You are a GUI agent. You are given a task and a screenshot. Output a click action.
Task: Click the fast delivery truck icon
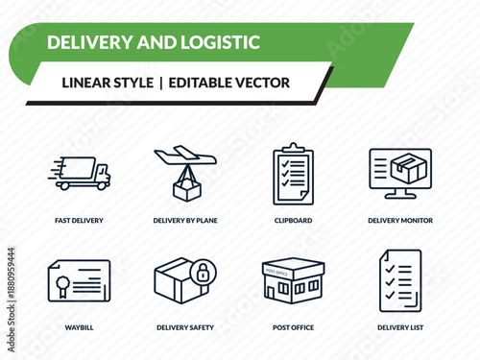tap(80, 174)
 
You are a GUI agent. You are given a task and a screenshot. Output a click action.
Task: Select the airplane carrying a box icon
tap(185, 173)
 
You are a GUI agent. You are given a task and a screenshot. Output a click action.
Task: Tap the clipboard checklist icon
tap(293, 174)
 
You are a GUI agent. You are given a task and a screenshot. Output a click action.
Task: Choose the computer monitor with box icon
tap(399, 173)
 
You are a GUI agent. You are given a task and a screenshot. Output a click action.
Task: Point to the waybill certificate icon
tap(80, 280)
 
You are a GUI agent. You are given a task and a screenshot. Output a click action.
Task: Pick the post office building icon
tap(293, 280)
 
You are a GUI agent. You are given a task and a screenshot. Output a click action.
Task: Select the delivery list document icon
tap(399, 280)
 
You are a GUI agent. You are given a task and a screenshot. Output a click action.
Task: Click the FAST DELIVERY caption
tap(80, 220)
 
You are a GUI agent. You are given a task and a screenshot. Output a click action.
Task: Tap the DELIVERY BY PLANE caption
tap(185, 220)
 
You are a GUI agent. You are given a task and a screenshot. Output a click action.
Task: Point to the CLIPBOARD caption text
tap(293, 220)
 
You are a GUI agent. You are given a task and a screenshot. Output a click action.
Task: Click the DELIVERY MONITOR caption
tap(399, 220)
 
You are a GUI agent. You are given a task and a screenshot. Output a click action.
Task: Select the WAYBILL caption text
tap(80, 327)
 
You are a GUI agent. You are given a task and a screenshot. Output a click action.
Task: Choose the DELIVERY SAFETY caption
tap(185, 327)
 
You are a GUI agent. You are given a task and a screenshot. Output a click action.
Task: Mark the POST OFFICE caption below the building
tap(293, 327)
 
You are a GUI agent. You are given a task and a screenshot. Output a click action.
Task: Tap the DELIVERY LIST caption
tap(399, 327)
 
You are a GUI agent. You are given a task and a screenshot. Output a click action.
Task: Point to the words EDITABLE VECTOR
tap(228, 83)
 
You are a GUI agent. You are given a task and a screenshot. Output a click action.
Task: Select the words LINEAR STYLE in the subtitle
tap(107, 83)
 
